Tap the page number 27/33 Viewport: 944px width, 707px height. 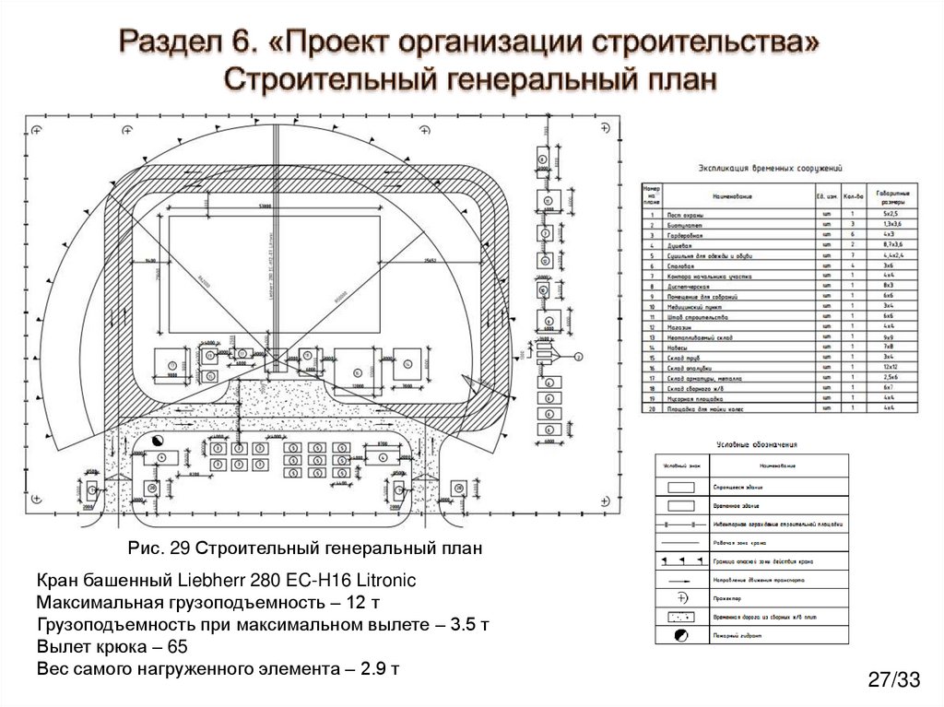point(893,681)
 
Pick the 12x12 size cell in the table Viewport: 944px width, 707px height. point(889,368)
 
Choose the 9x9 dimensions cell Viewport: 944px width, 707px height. point(889,336)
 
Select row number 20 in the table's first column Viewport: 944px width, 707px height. point(650,407)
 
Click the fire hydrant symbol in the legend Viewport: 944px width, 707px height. point(679,635)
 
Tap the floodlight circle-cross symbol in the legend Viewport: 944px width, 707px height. point(679,597)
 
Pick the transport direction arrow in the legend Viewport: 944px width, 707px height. point(679,580)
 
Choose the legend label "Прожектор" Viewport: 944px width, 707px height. point(728,598)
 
